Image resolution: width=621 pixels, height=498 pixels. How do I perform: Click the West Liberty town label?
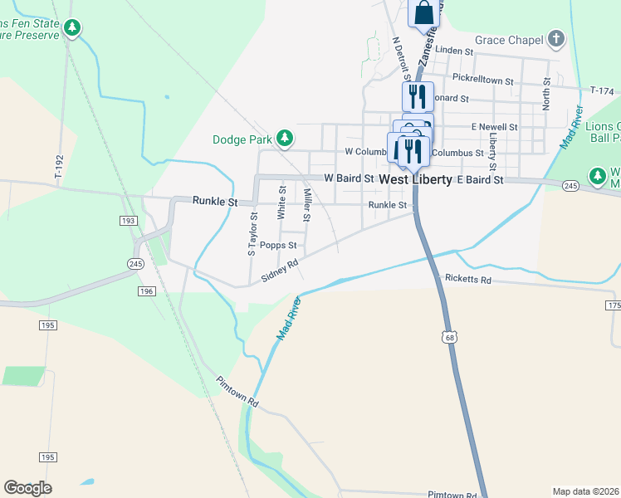tap(415, 179)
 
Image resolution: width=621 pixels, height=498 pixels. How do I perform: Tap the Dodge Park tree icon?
tap(285, 138)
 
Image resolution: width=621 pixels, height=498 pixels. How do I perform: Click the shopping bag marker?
tap(423, 12)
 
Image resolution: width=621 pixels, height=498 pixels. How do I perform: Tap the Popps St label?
tap(278, 246)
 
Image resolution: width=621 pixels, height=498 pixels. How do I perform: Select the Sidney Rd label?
tap(280, 271)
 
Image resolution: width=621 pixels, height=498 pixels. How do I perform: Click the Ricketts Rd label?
tap(468, 280)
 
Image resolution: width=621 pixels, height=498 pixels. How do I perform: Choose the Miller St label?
tap(307, 206)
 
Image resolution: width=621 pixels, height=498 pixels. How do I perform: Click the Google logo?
tap(27, 488)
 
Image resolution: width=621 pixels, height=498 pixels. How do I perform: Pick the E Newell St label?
tap(494, 127)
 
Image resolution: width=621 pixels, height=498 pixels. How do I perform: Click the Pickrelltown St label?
tap(483, 78)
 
